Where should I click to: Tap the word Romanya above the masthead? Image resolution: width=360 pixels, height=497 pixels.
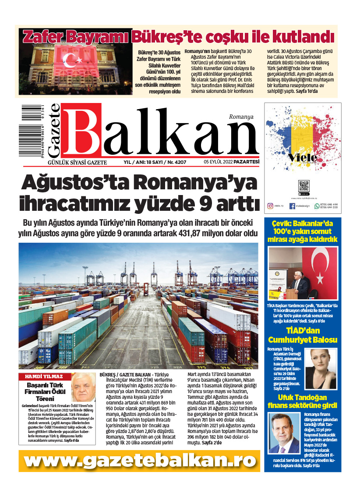(x=241, y=117)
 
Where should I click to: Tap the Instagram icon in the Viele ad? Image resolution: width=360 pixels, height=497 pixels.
(x=270, y=206)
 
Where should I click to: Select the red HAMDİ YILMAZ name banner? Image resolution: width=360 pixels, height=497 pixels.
(x=44, y=376)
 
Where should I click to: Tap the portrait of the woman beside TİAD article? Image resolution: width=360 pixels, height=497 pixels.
(x=323, y=369)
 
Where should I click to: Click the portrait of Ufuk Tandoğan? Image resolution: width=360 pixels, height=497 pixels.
(x=283, y=433)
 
